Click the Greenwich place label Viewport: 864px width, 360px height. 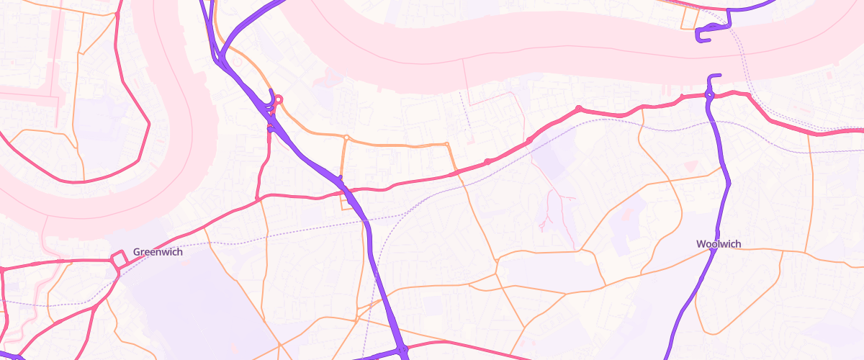pyautogui.click(x=158, y=252)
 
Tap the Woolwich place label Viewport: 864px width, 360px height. pyautogui.click(x=719, y=244)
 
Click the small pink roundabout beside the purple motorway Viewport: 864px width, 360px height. pyautogui.click(x=278, y=100)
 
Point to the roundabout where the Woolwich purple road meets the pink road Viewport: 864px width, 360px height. pyautogui.click(x=709, y=94)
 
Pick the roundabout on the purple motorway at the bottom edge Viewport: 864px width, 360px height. pyautogui.click(x=402, y=351)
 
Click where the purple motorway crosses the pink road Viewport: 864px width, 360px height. pyautogui.click(x=345, y=190)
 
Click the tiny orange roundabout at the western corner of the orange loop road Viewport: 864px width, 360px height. pyautogui.click(x=346, y=137)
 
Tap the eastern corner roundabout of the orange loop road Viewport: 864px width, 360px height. pyautogui.click(x=448, y=145)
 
